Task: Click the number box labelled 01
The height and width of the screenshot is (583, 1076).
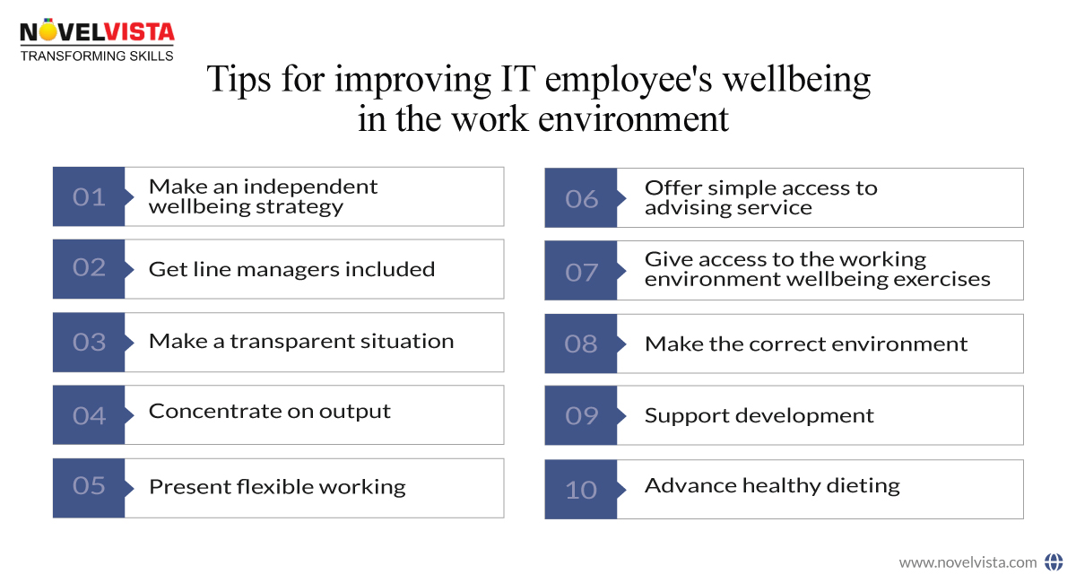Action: point(89,196)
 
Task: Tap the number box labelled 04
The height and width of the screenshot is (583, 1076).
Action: point(89,415)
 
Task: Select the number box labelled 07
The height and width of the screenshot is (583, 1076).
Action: point(581,271)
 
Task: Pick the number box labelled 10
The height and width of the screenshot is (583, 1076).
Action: point(581,490)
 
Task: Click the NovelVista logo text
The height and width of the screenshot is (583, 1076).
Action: point(97,33)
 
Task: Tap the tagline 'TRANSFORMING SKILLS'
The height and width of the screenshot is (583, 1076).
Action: point(97,56)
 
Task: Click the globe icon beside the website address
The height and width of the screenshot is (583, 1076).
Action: point(1054,562)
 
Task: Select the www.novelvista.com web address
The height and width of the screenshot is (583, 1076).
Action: point(968,562)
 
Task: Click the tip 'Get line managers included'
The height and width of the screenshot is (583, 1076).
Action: point(291,269)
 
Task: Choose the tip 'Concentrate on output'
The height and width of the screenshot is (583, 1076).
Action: point(270,412)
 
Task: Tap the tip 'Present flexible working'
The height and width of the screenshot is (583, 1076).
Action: point(277,487)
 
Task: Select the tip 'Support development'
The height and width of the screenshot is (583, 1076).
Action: point(759,415)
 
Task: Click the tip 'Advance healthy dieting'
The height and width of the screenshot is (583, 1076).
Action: point(772,486)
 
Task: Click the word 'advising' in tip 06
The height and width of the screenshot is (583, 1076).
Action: point(683,208)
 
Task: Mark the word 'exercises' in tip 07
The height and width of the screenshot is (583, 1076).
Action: point(945,279)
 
